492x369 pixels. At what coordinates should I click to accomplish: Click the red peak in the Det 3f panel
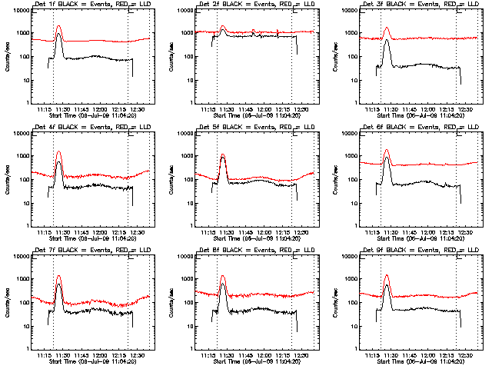pos(387,28)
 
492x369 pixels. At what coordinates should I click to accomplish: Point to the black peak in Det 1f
pos(59,35)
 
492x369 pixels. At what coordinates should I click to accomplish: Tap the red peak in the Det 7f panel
pos(59,276)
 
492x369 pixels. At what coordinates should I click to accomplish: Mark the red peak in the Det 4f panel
pos(59,152)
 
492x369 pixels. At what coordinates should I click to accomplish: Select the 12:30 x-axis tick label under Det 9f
pos(465,357)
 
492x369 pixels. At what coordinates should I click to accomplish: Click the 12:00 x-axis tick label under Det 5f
pos(264,234)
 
